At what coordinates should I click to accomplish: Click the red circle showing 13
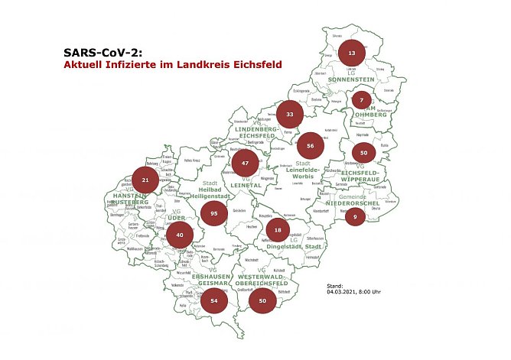pyautogui.click(x=351, y=53)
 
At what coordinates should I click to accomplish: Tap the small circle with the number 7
pyautogui.click(x=361, y=100)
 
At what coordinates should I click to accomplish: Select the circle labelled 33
pyautogui.click(x=290, y=114)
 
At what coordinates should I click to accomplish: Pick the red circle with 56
pyautogui.click(x=310, y=145)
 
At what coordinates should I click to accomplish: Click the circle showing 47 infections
pyautogui.click(x=245, y=164)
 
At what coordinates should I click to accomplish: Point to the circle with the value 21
pyautogui.click(x=145, y=180)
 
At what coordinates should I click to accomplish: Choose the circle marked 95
pyautogui.click(x=215, y=215)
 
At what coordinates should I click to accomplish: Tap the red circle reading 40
pyautogui.click(x=179, y=235)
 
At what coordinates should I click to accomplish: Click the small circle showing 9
pyautogui.click(x=355, y=216)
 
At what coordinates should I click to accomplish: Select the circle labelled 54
pyautogui.click(x=214, y=302)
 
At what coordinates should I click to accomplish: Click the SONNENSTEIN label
pyautogui.click(x=350, y=79)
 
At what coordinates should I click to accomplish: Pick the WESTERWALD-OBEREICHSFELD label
pyautogui.click(x=261, y=281)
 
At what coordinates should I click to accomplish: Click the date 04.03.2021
pyautogui.click(x=342, y=290)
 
